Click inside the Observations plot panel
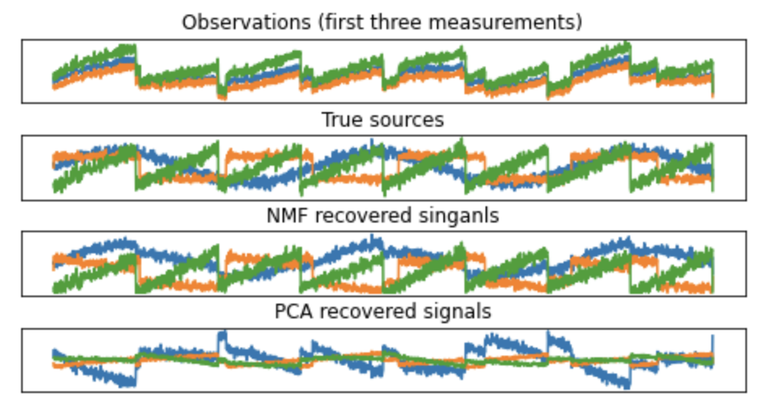click(x=383, y=71)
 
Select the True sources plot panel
click(x=383, y=167)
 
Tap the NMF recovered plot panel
click(x=383, y=264)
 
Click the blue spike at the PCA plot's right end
click(x=713, y=342)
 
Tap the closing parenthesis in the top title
click(x=580, y=22)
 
